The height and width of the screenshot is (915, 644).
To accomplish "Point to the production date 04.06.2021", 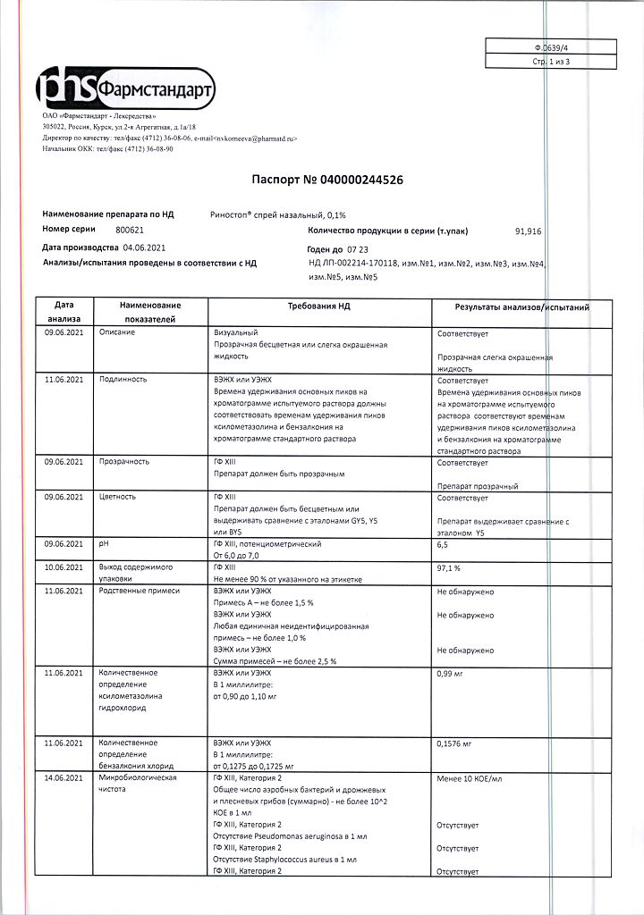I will (144, 247).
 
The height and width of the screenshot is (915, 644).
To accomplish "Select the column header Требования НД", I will (318, 306).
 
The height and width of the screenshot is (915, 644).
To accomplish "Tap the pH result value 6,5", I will (444, 543).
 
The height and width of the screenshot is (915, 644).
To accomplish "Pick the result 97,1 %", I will (449, 567).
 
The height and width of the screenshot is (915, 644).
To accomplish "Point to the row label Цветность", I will (119, 497).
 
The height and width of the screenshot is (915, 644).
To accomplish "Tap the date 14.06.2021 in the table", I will (64, 777).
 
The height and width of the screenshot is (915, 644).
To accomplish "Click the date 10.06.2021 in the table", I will (64, 567).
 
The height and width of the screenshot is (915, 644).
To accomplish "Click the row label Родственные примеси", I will (139, 591).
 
